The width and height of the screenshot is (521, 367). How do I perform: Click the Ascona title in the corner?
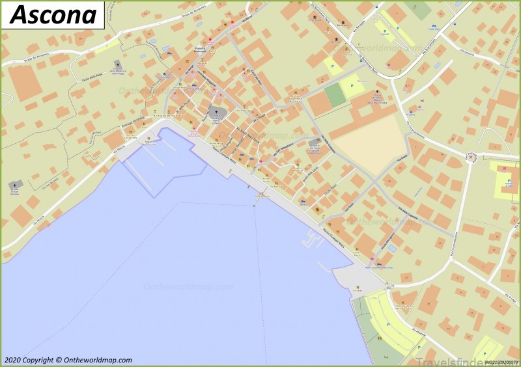tap(53, 14)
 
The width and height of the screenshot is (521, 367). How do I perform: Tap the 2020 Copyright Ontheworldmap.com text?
tap(68, 360)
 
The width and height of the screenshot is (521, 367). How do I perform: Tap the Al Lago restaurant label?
tap(356, 290)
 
